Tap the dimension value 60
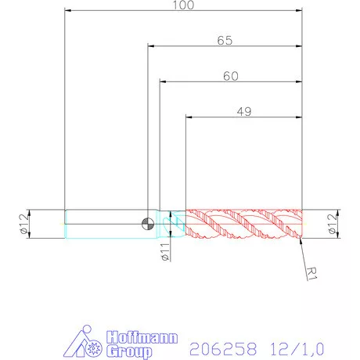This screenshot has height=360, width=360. tap(231, 76)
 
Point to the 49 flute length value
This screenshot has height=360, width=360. tap(243, 112)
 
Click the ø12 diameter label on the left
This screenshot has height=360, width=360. tap(23, 224)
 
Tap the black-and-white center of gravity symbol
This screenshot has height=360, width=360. tap(146, 225)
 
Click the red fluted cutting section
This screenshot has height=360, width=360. tap(243, 224)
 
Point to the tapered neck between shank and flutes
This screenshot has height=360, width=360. tap(172, 225)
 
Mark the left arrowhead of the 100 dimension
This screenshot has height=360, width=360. tap(69, 11)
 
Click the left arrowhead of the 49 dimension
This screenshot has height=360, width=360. tap(189, 117)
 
